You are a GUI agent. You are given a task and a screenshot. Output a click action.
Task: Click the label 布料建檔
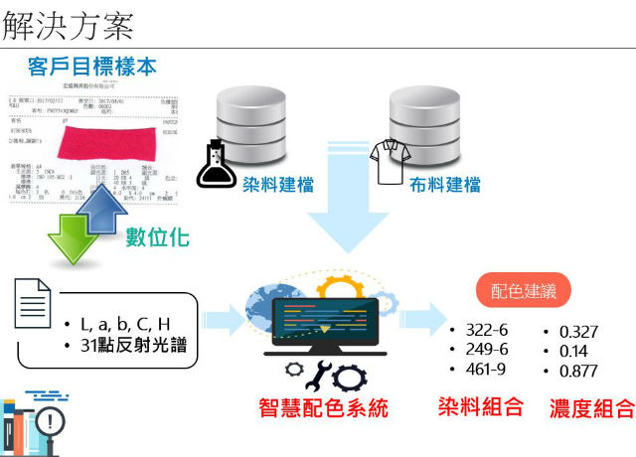[x=445, y=185]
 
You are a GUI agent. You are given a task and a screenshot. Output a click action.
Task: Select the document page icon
[x=33, y=303]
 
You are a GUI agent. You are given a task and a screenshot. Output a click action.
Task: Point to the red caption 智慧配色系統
[x=323, y=408]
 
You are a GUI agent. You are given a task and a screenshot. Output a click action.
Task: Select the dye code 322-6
[x=486, y=330]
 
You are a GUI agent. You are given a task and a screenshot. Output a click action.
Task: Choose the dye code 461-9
[x=486, y=369]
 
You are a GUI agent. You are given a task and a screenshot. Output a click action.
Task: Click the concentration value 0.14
[x=573, y=351]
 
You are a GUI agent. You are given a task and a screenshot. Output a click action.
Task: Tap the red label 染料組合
[x=480, y=405]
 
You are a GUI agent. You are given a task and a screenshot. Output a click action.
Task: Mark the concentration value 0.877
[x=579, y=371]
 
